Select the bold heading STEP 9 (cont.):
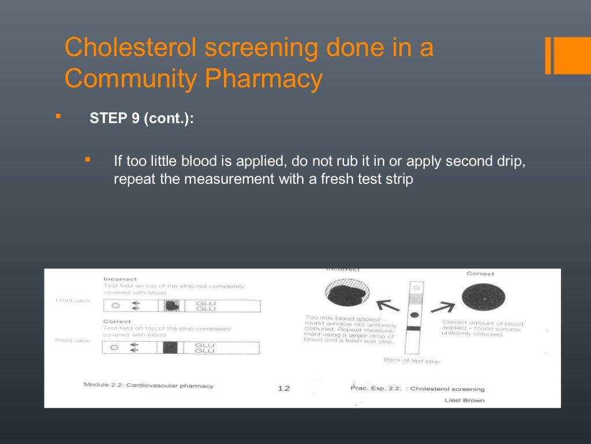click(142, 119)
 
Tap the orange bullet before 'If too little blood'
click(88, 159)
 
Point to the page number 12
click(283, 388)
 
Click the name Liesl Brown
click(465, 400)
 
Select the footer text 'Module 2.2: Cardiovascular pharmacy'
click(148, 386)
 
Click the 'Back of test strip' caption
click(412, 361)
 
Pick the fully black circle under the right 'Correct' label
click(484, 299)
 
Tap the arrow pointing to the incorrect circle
click(387, 305)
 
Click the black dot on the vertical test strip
click(414, 315)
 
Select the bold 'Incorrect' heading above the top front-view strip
click(120, 279)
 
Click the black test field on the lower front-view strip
click(170, 347)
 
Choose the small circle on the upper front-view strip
click(115, 306)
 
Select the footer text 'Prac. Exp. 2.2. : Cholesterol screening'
click(417, 389)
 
